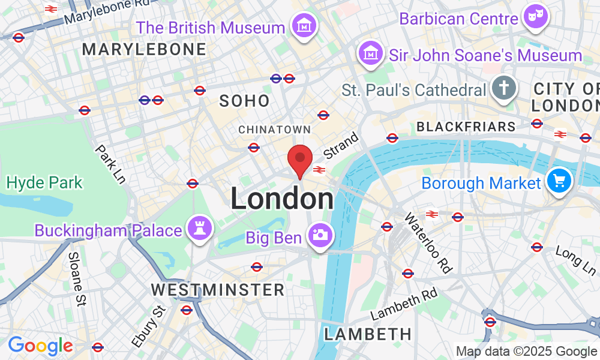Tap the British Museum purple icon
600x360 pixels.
pyautogui.click(x=304, y=26)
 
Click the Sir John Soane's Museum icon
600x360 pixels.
pyautogui.click(x=371, y=54)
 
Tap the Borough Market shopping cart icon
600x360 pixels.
pyautogui.click(x=559, y=180)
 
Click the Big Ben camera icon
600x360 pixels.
pyautogui.click(x=320, y=235)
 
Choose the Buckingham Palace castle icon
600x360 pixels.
pyautogui.click(x=199, y=227)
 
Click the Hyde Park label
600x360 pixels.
pyautogui.click(x=44, y=182)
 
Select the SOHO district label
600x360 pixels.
pyautogui.click(x=244, y=101)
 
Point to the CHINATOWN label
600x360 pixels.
pyautogui.click(x=274, y=130)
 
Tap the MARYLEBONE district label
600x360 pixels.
pyautogui.click(x=145, y=50)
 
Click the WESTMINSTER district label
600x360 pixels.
pyautogui.click(x=217, y=290)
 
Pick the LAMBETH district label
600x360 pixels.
pyautogui.click(x=367, y=334)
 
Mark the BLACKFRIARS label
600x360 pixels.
pyautogui.click(x=466, y=127)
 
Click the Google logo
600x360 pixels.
pyautogui.click(x=40, y=346)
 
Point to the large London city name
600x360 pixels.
pyautogui.click(x=282, y=199)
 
